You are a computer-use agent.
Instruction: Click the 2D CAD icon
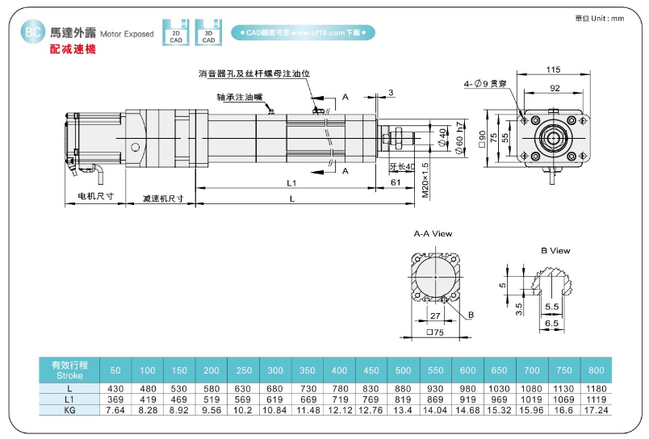coord(175,32)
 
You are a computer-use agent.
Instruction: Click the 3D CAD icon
coord(208,32)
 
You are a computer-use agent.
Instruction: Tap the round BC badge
coord(33,31)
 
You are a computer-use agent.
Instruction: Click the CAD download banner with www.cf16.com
coord(303,33)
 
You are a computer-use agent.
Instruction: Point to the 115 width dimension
coord(553,69)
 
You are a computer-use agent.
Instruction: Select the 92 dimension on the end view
coord(555,88)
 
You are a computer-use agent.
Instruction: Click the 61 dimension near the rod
coord(396,182)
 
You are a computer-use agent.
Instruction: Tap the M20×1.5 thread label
coord(425,180)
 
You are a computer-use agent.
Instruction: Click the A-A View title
coord(433,234)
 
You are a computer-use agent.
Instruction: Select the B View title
coord(555,251)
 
